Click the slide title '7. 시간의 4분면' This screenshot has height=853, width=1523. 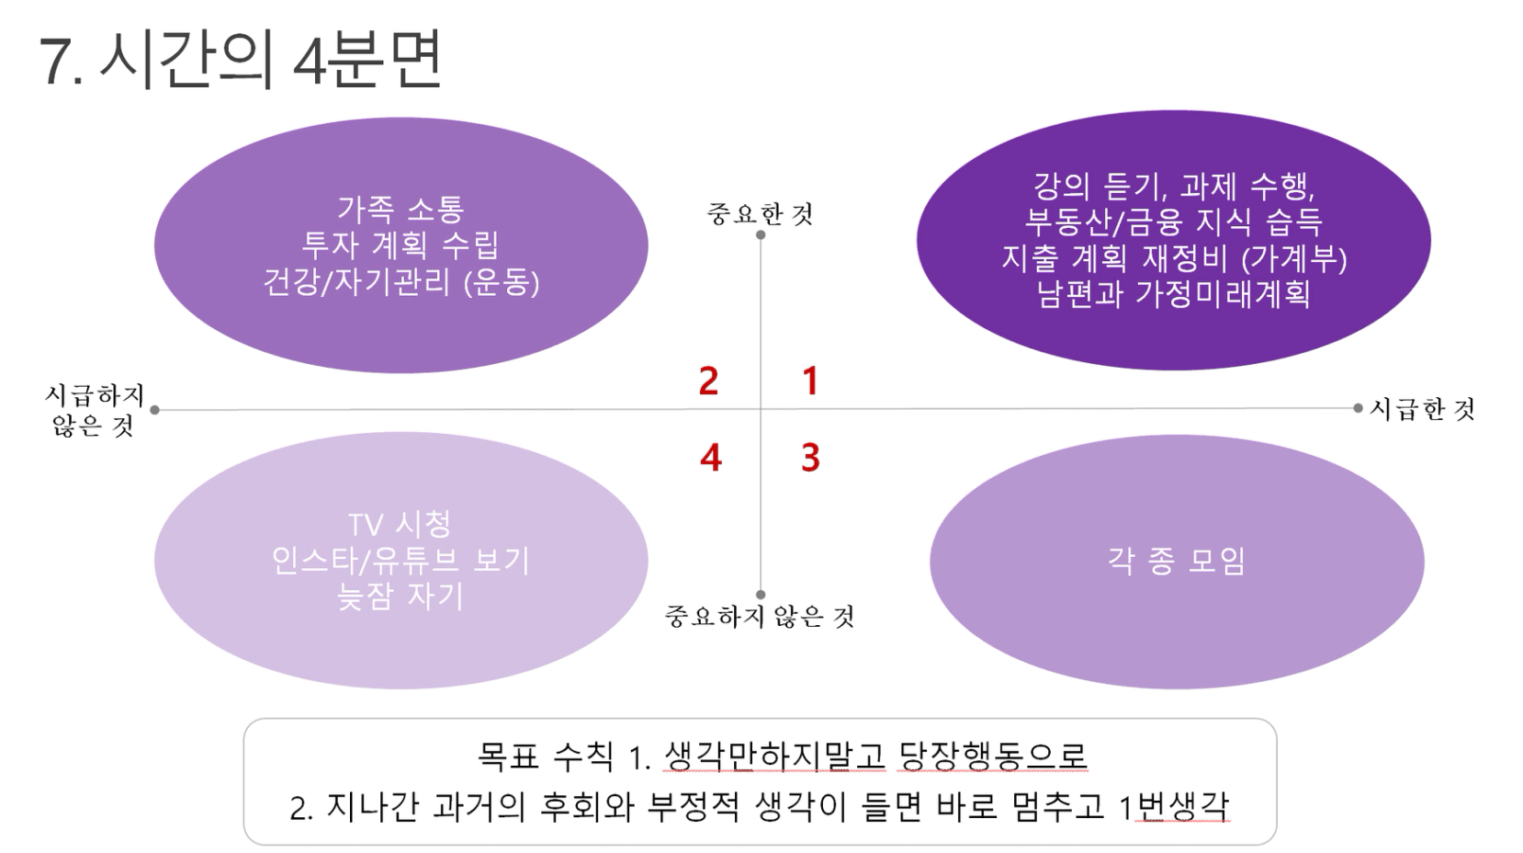tap(242, 60)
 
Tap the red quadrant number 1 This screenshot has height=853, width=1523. tap(810, 381)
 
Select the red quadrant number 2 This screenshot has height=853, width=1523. tap(708, 381)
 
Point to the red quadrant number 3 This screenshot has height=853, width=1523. tap(810, 457)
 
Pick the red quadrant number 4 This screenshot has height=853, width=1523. tap(710, 457)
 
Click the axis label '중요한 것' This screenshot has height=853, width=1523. tap(761, 213)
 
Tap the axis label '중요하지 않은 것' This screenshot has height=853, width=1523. tap(760, 616)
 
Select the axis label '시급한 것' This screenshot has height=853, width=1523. tap(1422, 409)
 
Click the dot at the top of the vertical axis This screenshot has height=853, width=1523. tap(761, 234)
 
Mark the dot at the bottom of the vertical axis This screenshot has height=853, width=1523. tap(761, 595)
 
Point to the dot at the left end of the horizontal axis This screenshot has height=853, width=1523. tap(155, 409)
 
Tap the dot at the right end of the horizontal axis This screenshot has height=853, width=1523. tap(1358, 408)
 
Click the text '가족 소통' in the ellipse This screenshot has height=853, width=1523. tap(400, 209)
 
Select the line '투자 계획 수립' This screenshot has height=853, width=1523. tap(400, 245)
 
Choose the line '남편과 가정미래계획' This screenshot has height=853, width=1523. tap(1174, 294)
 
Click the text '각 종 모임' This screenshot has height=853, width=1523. tap(1177, 562)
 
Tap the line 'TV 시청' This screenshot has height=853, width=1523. tap(400, 525)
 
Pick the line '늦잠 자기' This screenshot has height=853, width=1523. tap(400, 597)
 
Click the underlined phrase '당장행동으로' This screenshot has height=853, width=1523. tap(993, 756)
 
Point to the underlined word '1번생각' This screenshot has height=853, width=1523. tap(1174, 807)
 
